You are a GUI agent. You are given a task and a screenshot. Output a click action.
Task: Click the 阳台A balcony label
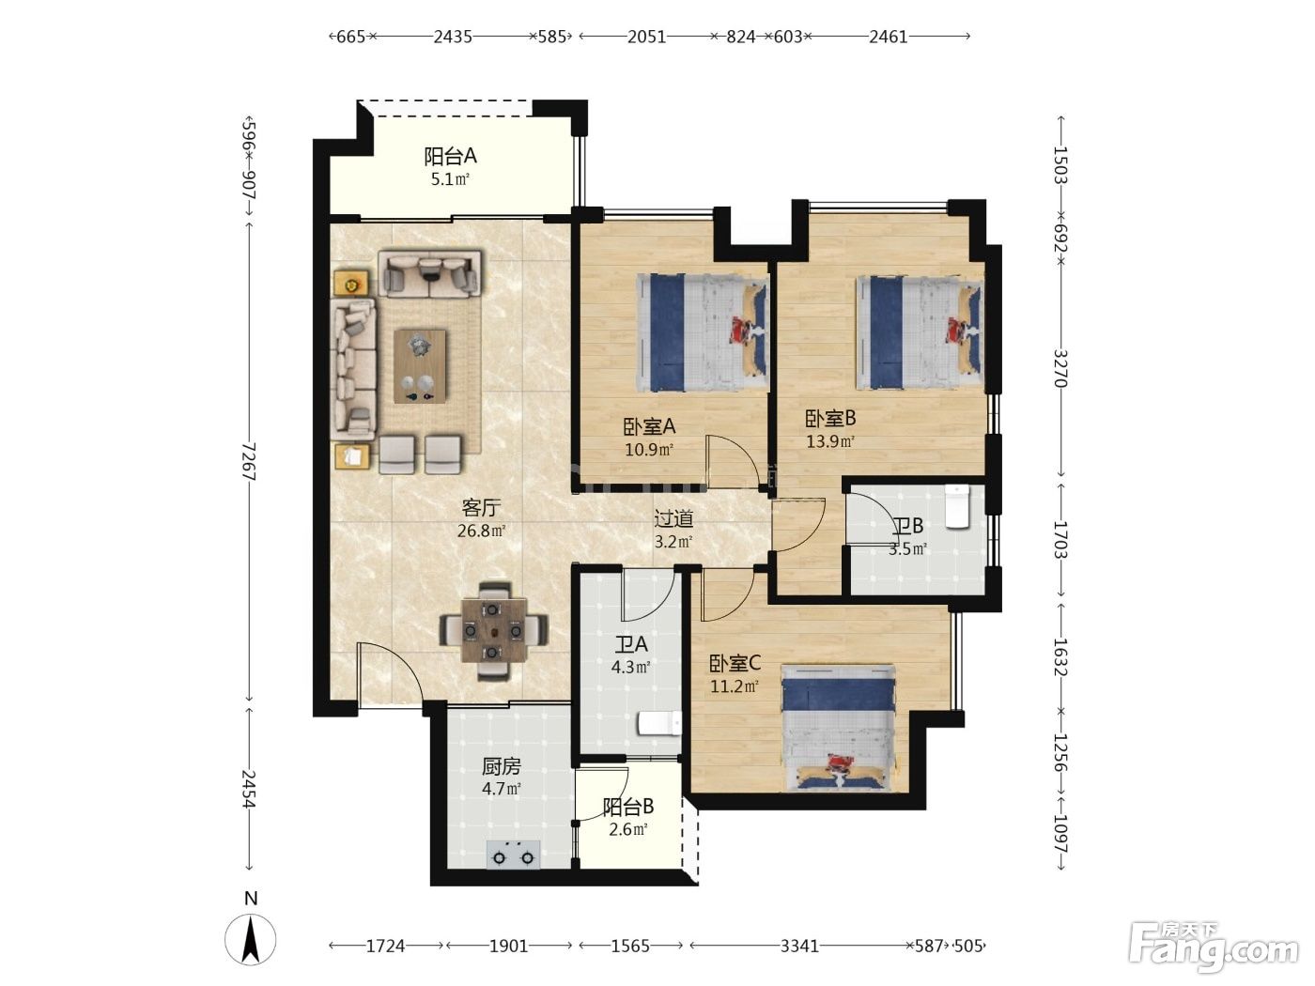click(x=450, y=156)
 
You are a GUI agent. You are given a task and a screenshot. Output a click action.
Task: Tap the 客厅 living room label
click(x=481, y=508)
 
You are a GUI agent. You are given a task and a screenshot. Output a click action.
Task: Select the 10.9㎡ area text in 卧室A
click(x=649, y=449)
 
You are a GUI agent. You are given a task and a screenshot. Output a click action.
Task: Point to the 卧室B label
click(x=830, y=418)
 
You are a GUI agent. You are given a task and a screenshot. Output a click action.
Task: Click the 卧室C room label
click(x=735, y=663)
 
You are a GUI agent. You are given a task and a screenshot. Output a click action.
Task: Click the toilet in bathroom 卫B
click(x=957, y=506)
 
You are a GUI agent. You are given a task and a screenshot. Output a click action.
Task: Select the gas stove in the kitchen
click(x=514, y=855)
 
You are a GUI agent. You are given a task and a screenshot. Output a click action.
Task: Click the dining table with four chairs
click(x=494, y=630)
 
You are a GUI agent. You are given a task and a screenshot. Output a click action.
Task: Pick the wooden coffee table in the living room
click(x=420, y=366)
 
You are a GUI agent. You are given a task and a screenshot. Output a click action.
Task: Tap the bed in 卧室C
click(x=839, y=729)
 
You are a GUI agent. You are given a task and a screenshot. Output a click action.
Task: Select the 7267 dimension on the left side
click(x=249, y=462)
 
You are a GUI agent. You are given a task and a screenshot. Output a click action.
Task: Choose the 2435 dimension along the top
click(x=453, y=37)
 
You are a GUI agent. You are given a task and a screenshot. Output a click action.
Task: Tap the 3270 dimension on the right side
click(x=1060, y=369)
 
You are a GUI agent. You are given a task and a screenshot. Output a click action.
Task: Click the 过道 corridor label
click(x=673, y=518)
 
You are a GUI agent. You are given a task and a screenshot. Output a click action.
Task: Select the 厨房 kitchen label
click(x=502, y=766)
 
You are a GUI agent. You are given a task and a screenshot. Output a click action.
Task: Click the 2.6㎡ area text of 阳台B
click(x=627, y=830)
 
